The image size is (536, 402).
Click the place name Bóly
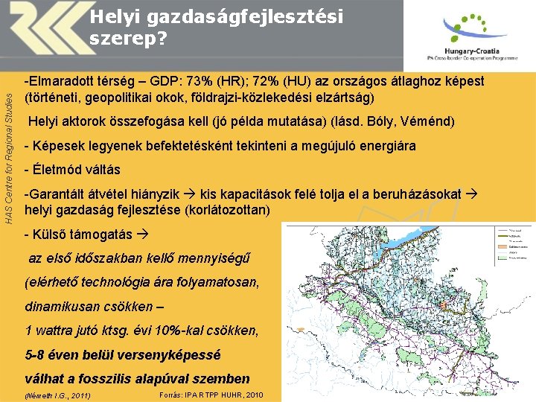point(403,121)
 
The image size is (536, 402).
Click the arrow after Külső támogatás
point(144,234)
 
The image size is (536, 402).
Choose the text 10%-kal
point(170,330)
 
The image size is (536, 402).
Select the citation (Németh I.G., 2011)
point(57,395)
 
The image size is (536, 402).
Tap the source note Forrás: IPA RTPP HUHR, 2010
point(211,394)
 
